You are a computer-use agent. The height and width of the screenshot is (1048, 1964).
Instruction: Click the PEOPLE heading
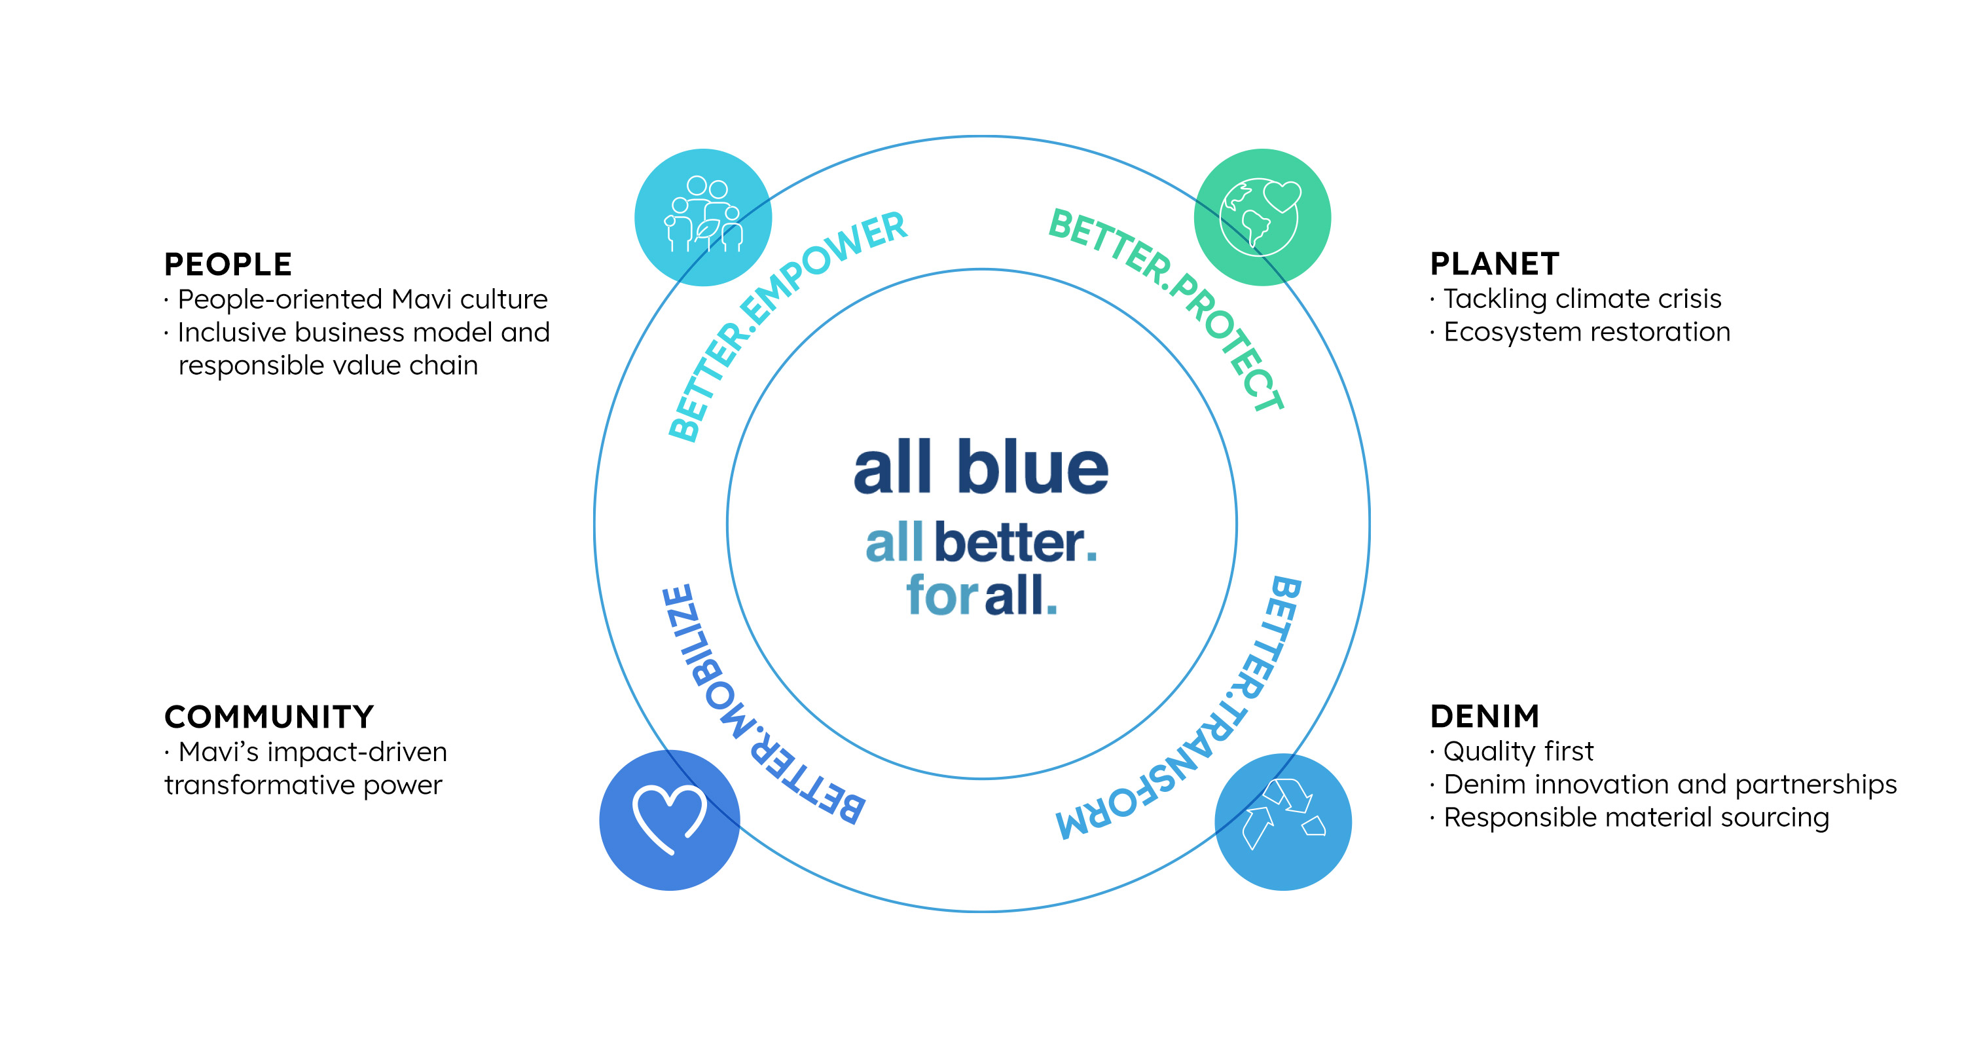tap(228, 265)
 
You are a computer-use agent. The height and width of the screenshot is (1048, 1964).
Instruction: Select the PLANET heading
tap(1495, 264)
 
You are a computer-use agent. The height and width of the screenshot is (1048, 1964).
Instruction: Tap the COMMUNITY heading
tap(269, 717)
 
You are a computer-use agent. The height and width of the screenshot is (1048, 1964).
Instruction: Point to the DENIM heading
tap(1484, 716)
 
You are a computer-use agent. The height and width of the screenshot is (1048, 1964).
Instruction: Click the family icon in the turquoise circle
tap(703, 214)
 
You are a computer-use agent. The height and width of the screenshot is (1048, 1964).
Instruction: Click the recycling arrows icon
tap(1284, 814)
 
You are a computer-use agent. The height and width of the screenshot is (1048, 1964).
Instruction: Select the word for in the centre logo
tap(941, 594)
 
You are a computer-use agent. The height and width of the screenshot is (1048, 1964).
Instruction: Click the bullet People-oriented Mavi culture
tap(356, 299)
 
